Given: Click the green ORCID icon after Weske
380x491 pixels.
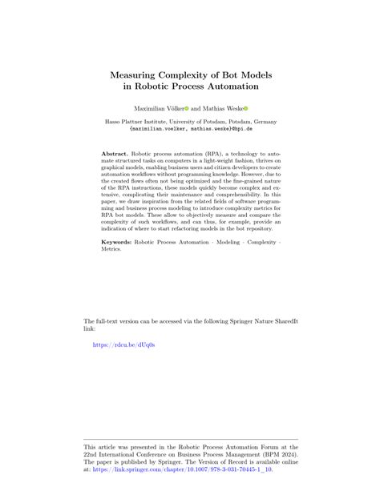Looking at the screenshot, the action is pos(246,106).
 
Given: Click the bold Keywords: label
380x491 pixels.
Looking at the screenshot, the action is pos(121,241).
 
